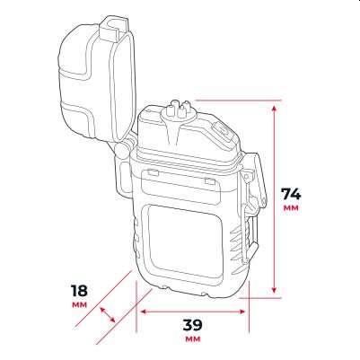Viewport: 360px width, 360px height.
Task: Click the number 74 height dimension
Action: (291, 194)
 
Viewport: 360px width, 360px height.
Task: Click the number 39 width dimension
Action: (193, 325)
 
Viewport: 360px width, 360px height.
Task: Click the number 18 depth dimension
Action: (79, 291)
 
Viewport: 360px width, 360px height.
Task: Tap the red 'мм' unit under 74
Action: (291, 208)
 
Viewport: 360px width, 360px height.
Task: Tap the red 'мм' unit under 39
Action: (193, 339)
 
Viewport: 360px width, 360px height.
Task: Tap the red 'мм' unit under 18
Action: (80, 305)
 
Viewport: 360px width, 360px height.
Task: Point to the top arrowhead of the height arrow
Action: (274, 108)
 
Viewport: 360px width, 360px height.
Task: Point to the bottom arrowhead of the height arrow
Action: (274, 290)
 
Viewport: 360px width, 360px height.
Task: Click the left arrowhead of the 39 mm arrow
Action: (144, 312)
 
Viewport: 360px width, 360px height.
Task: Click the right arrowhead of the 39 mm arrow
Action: (241, 312)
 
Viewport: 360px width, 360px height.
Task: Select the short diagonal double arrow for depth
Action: (108, 314)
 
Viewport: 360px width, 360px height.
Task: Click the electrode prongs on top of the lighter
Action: (179, 109)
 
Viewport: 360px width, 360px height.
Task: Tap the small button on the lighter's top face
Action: (223, 130)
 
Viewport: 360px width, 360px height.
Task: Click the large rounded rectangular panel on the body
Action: (185, 242)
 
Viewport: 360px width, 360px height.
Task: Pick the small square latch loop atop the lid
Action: (115, 28)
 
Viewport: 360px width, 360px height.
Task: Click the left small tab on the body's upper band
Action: (154, 171)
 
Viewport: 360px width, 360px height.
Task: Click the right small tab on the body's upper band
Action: (210, 180)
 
